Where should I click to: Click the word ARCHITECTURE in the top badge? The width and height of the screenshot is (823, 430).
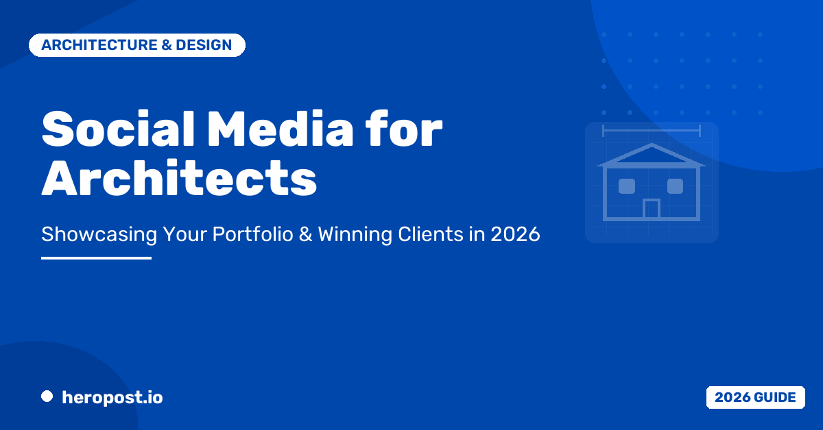(x=99, y=45)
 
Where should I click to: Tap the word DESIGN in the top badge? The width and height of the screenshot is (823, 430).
(x=204, y=45)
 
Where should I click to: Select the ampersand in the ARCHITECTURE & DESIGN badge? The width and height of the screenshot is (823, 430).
(x=167, y=45)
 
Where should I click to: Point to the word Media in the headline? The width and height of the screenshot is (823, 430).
(x=281, y=129)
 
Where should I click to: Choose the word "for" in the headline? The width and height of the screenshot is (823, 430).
(x=404, y=129)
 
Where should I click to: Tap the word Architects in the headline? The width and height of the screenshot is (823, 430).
(x=179, y=178)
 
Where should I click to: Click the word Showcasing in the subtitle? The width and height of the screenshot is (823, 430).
(x=99, y=234)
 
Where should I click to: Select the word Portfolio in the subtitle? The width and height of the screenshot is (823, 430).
(x=253, y=233)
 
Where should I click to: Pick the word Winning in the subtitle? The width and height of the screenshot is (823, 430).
(x=355, y=234)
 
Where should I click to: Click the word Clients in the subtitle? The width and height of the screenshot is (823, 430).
(x=431, y=233)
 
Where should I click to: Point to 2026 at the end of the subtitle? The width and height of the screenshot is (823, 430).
(x=516, y=234)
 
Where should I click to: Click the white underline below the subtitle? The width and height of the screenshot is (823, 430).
(x=96, y=258)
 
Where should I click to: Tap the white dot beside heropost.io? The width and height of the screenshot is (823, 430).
(x=47, y=396)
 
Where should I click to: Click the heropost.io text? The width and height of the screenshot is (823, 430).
(x=112, y=398)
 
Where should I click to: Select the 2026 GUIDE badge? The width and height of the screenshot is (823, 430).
(x=755, y=397)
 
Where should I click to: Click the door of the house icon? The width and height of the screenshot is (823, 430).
(x=652, y=209)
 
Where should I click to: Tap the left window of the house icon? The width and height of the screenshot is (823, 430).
(x=627, y=186)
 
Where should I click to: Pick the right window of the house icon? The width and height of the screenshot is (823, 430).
(x=676, y=186)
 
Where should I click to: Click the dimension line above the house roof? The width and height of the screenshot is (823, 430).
(x=652, y=130)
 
